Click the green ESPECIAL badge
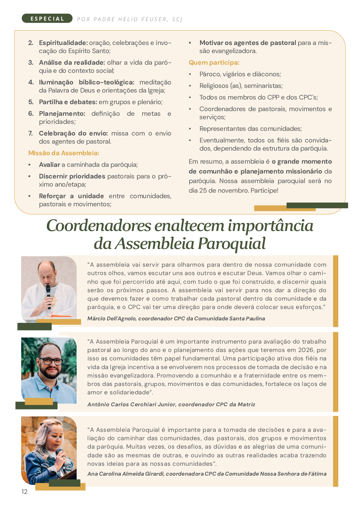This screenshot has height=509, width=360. (47, 19)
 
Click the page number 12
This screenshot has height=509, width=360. (24, 492)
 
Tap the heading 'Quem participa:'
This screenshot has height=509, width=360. (214, 63)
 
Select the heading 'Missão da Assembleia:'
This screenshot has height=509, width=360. (64, 153)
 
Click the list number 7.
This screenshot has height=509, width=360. (30, 133)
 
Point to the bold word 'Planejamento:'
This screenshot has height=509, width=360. (62, 114)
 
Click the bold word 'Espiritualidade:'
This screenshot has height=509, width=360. (63, 43)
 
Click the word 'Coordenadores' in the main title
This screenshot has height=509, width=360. (99, 226)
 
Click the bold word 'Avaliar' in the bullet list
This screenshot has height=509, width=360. (49, 165)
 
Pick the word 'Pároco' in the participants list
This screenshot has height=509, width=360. (209, 74)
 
